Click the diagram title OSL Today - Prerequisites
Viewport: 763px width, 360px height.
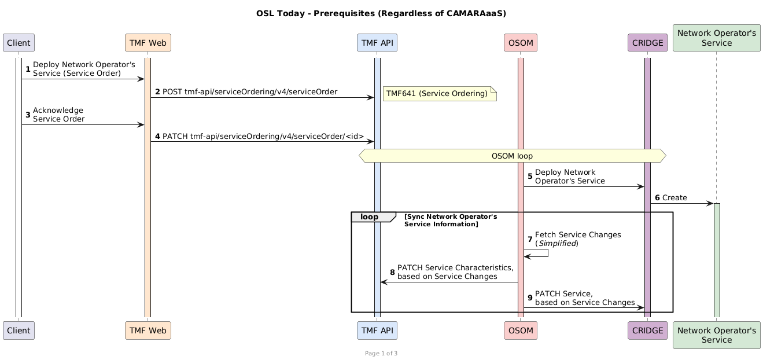click(x=381, y=13)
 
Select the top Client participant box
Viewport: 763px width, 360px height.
click(x=19, y=43)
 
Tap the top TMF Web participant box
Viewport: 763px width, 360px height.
click(x=148, y=43)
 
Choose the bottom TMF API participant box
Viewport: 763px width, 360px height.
click(x=377, y=330)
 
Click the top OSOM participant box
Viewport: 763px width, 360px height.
click(x=521, y=43)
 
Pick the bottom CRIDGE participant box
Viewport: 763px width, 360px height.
click(x=647, y=330)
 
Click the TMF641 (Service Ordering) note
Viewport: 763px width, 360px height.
click(x=439, y=94)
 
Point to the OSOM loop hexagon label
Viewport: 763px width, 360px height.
click(x=512, y=156)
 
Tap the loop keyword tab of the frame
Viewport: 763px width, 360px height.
click(x=369, y=216)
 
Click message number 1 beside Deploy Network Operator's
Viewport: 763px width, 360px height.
click(x=28, y=69)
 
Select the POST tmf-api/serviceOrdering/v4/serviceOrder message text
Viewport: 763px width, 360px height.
click(x=250, y=92)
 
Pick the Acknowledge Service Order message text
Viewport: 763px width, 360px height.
click(x=58, y=115)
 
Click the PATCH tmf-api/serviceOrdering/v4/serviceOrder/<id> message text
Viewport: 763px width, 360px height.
click(x=263, y=137)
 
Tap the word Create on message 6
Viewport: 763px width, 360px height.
click(x=674, y=198)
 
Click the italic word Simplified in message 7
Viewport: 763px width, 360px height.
click(x=556, y=244)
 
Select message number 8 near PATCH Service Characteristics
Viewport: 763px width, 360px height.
click(x=392, y=272)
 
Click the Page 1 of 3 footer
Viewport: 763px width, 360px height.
click(x=381, y=353)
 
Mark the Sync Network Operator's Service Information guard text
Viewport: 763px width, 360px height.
click(x=451, y=220)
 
